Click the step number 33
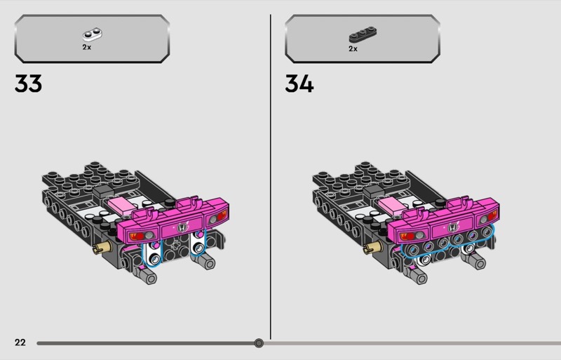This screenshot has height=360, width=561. click(28, 84)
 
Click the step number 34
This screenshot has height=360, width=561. click(299, 84)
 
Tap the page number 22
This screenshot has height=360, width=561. click(20, 342)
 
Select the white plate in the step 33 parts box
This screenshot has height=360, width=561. click(93, 34)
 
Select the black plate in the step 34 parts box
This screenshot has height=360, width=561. click(363, 34)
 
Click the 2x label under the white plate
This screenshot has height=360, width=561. click(86, 47)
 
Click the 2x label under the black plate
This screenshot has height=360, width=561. click(353, 48)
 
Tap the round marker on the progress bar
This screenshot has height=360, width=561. click(259, 343)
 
